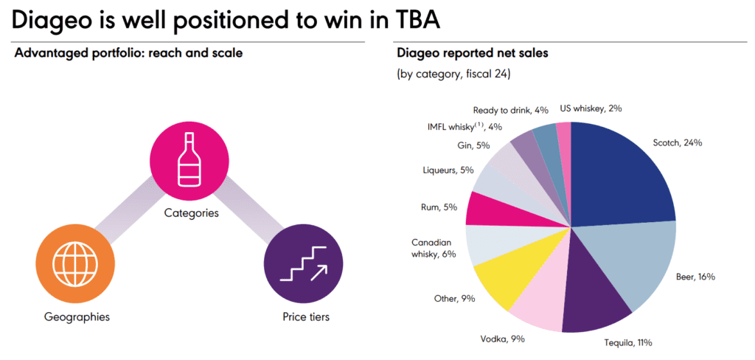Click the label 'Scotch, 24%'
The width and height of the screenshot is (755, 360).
(x=678, y=142)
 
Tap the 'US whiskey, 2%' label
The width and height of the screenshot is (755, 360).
(x=591, y=108)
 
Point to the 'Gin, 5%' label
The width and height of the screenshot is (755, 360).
(x=473, y=145)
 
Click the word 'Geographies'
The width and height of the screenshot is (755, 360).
(x=77, y=317)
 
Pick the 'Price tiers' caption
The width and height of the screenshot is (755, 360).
(x=305, y=317)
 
